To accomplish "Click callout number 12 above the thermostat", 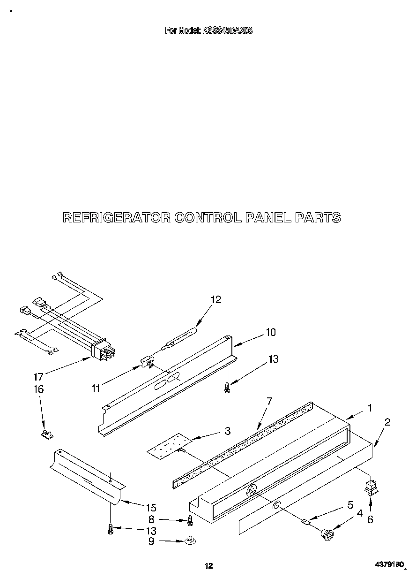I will point(216,299).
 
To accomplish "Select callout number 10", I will point(270,332).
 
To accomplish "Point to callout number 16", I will point(38,389).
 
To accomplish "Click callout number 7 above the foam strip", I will point(269,401).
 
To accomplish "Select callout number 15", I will point(150,507).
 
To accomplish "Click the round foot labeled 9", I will point(190,541).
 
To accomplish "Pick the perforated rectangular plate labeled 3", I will point(170,444).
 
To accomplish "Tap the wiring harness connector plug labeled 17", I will point(103,351).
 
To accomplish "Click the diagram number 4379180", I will point(390,566).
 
